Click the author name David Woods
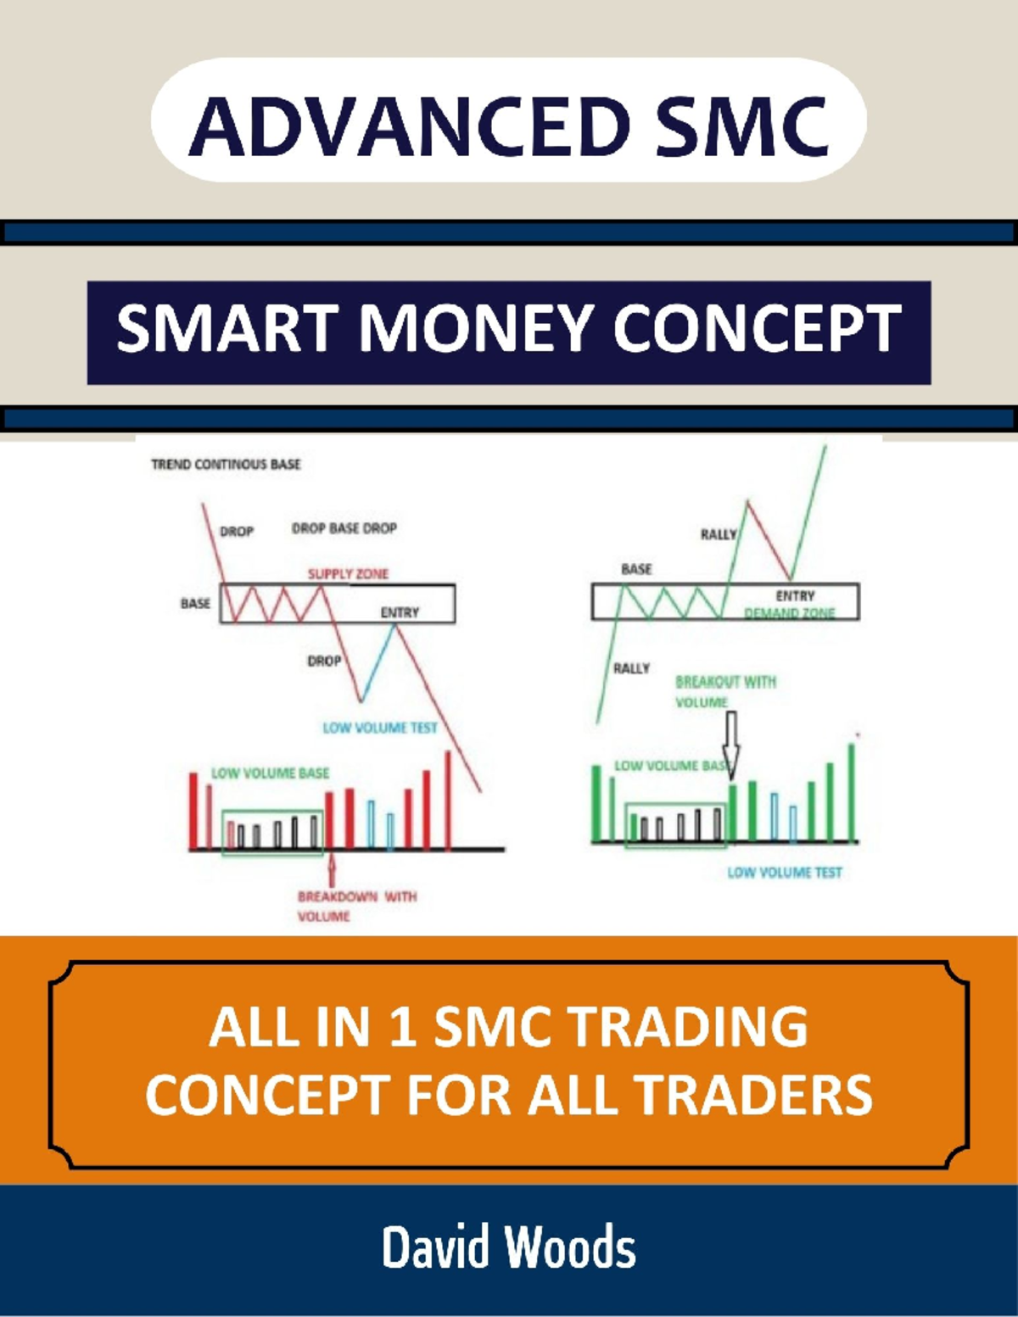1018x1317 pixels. point(508,1247)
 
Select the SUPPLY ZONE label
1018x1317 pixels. point(348,574)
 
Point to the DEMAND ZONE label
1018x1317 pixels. point(789,613)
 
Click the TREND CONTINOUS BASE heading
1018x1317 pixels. point(226,464)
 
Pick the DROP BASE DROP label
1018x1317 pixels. point(344,528)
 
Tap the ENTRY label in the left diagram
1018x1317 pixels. point(400,612)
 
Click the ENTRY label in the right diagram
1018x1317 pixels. point(795,596)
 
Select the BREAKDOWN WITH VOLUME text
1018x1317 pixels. point(356,906)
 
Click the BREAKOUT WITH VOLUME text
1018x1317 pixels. point(724,691)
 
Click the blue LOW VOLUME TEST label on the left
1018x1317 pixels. point(380,728)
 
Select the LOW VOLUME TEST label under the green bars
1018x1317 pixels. point(785,872)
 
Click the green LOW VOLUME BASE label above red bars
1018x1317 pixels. point(270,773)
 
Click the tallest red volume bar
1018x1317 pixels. point(448,797)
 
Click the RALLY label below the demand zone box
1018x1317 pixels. point(631,668)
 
